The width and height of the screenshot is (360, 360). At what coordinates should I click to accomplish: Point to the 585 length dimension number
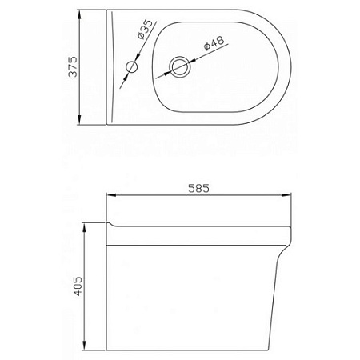click(199, 190)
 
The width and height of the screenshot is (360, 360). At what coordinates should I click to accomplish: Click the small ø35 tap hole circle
click(133, 68)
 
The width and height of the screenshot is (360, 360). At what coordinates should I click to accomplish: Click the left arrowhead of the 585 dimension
click(111, 197)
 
